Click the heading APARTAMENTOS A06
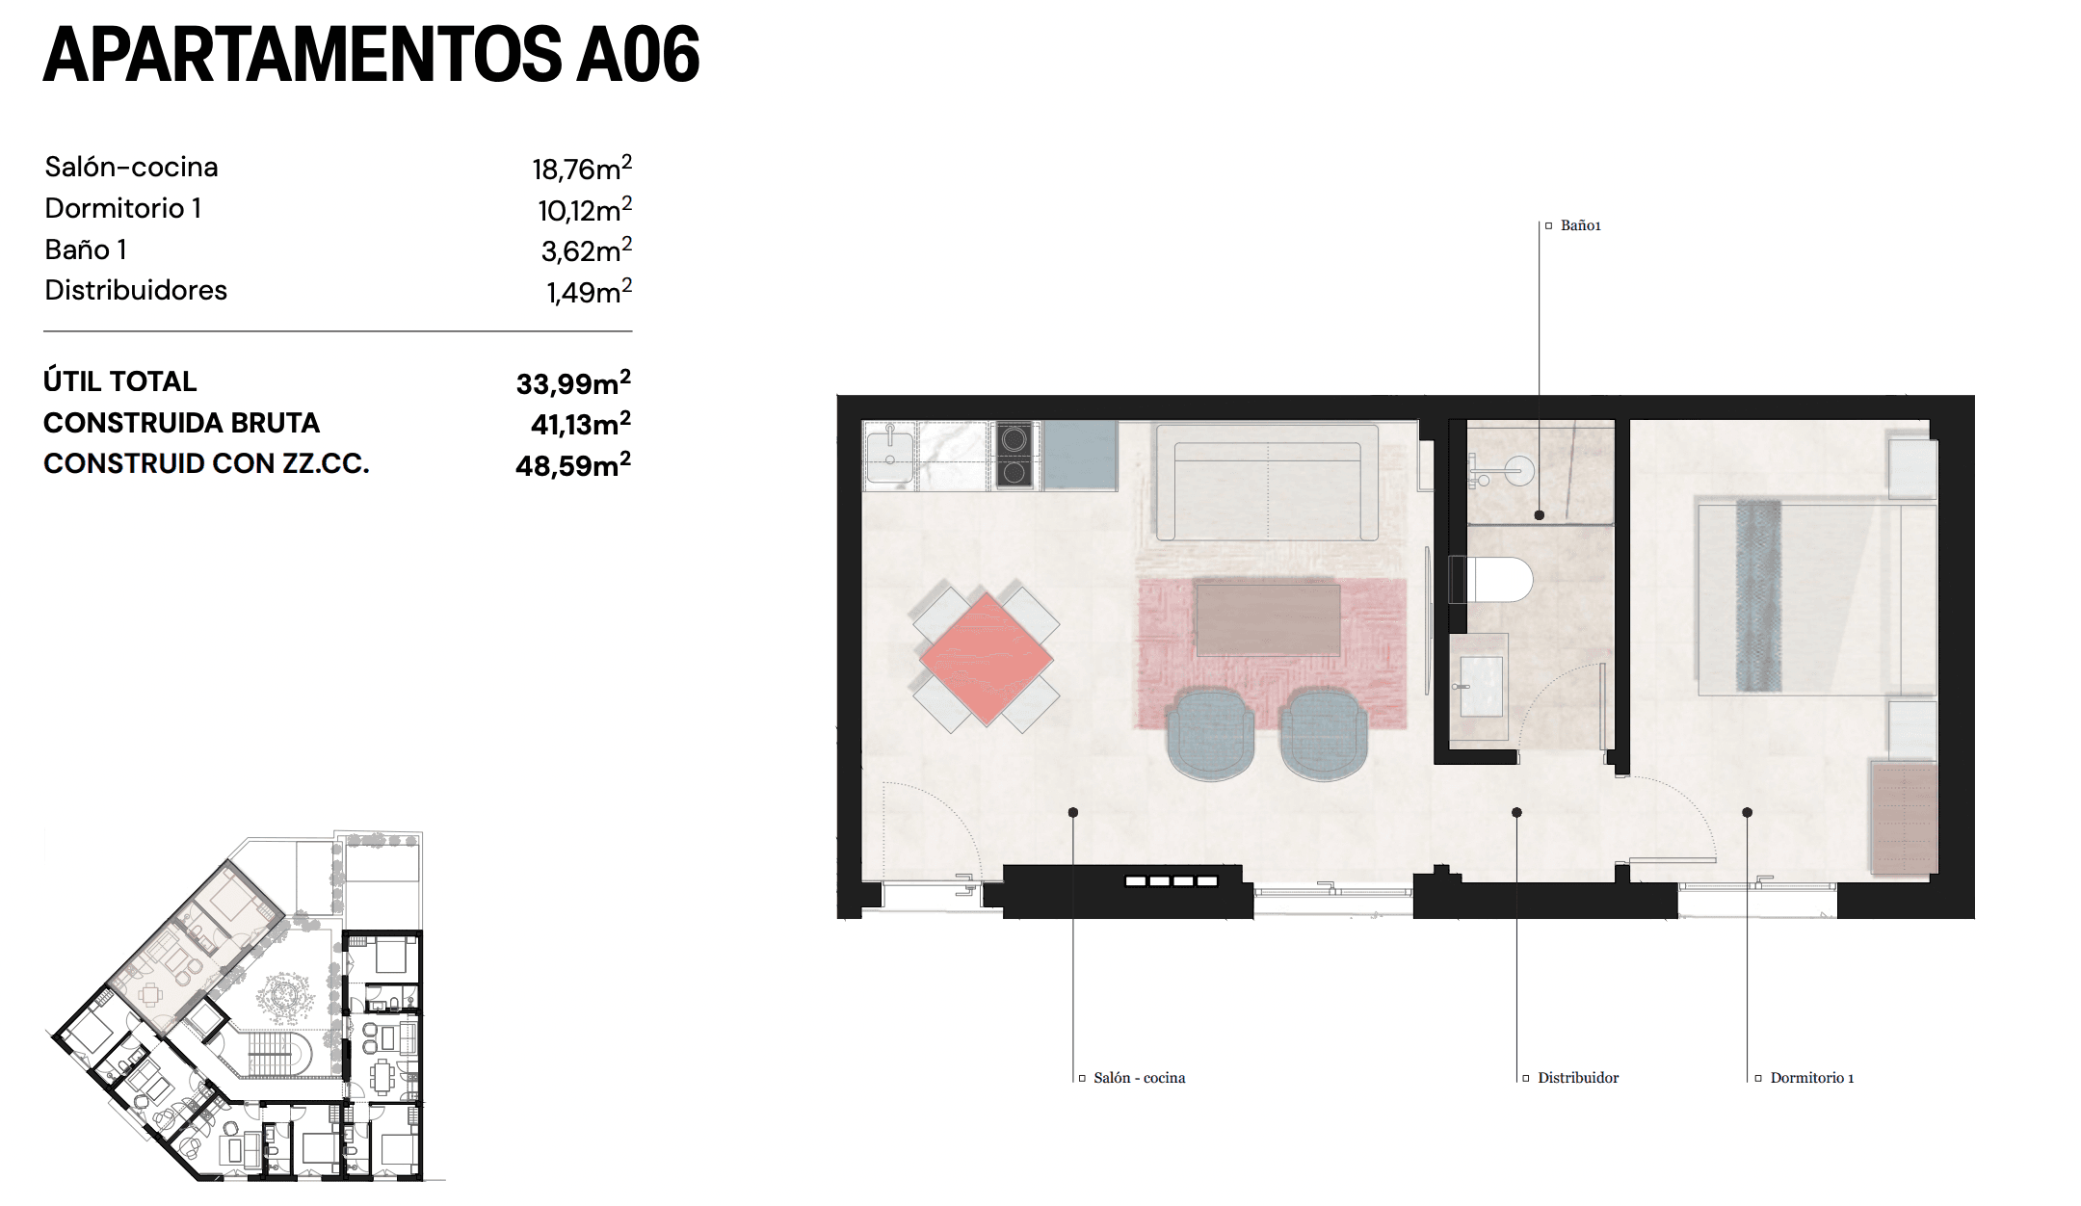(371, 55)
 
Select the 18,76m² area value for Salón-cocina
(581, 169)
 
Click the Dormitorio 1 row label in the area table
(122, 208)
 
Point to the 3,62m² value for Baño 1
(586, 250)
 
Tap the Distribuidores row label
(136, 290)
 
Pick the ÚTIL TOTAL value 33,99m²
(573, 382)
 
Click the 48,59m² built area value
(573, 464)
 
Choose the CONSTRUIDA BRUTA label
(181, 423)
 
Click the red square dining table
(986, 659)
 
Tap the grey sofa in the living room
(1267, 482)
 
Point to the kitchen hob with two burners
(1014, 456)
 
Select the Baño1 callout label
(1580, 225)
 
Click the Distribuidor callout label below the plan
(1577, 1078)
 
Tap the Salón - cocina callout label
(1139, 1078)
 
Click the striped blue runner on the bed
(1758, 596)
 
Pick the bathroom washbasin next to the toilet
(1480, 686)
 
